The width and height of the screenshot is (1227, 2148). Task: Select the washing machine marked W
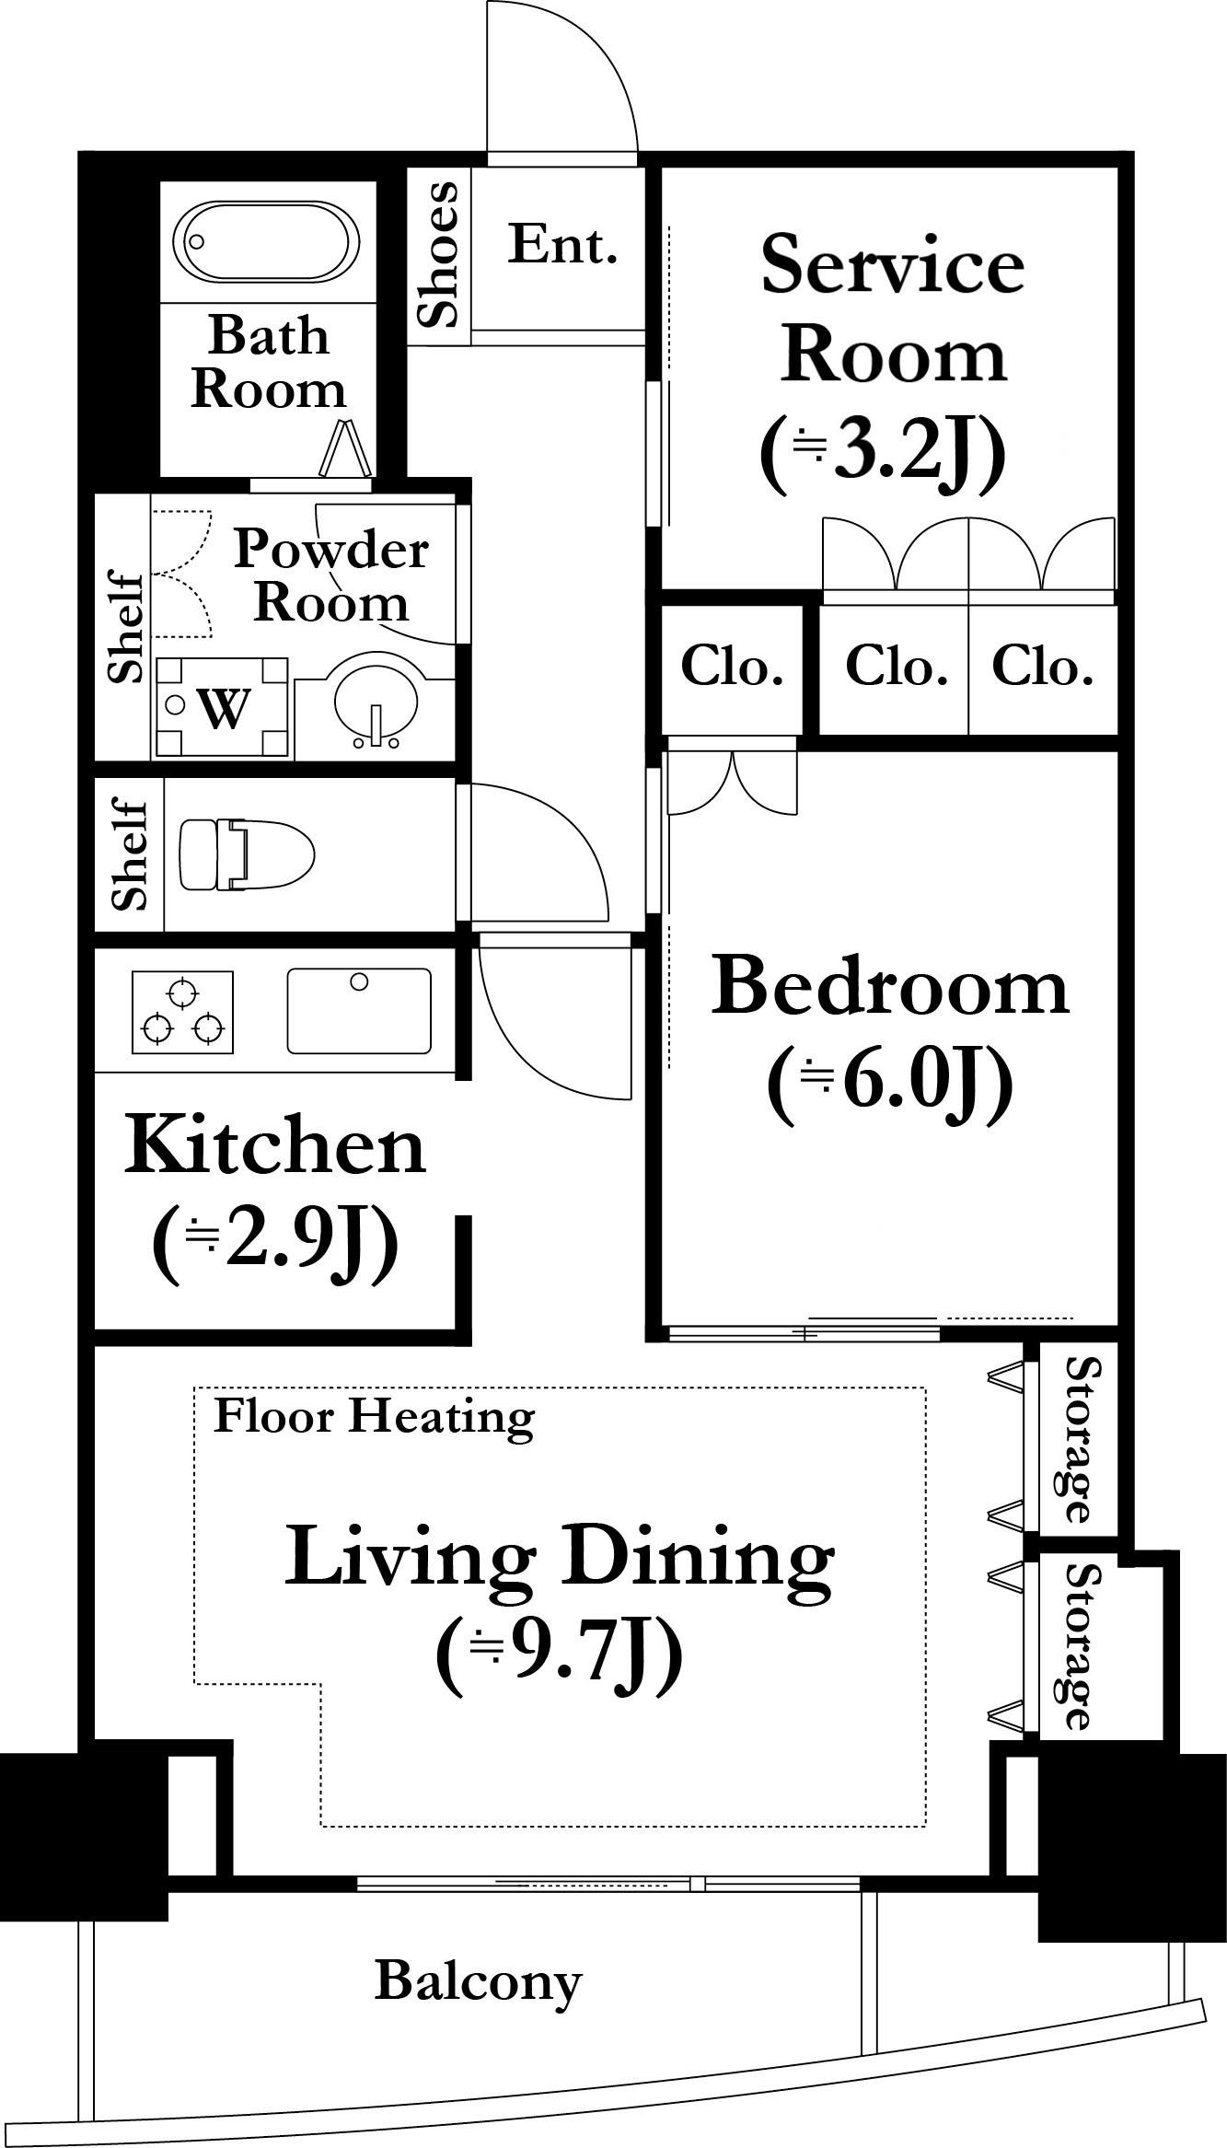point(221,707)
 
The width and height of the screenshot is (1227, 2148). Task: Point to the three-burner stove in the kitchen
point(183,1012)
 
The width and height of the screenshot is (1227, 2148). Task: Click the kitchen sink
point(359,1010)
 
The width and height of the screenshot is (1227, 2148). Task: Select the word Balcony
point(479,1981)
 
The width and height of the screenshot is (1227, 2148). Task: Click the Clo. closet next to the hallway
point(732,667)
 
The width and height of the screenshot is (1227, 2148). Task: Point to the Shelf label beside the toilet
point(130,854)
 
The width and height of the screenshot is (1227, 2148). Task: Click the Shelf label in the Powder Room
point(125,627)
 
